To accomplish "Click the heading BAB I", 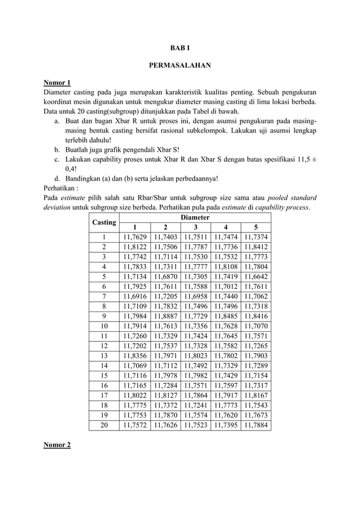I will (x=179, y=48).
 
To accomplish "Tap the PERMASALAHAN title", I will (x=179, y=65).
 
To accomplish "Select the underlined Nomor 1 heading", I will (x=57, y=83).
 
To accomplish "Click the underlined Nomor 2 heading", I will (x=57, y=445).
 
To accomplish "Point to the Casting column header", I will (x=104, y=222).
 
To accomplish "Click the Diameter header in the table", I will (x=195, y=217).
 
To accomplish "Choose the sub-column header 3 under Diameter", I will (x=195, y=227).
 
